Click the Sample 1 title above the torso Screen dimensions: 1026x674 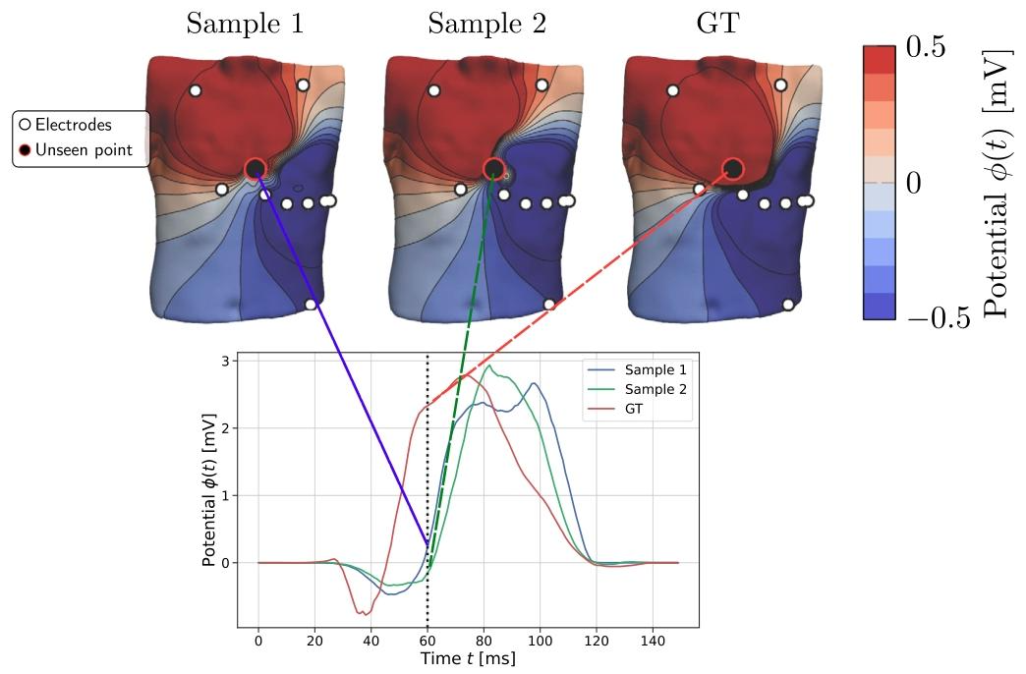coord(245,25)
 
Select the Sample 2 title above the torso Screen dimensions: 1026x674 coord(486,25)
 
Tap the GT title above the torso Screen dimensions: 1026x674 coord(717,25)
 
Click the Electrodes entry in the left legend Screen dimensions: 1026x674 coord(66,125)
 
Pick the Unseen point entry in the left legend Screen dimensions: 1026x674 coord(76,150)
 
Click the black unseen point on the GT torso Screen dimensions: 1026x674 coord(733,169)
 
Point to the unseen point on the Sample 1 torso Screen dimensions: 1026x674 coord(256,169)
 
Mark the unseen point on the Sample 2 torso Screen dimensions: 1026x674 coord(494,169)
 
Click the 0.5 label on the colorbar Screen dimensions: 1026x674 coord(925,46)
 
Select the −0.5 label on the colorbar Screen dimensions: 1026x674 coord(939,318)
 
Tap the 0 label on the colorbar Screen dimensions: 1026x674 coord(914,183)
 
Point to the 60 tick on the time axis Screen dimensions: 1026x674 coord(427,641)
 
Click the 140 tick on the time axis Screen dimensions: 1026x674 coord(653,641)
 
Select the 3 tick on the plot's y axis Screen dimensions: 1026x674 coord(226,361)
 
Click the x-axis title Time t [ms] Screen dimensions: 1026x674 coord(467,658)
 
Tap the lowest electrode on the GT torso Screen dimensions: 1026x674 coord(788,305)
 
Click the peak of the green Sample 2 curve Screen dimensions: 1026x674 coord(487,366)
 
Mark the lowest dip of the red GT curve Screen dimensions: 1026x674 coord(366,614)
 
